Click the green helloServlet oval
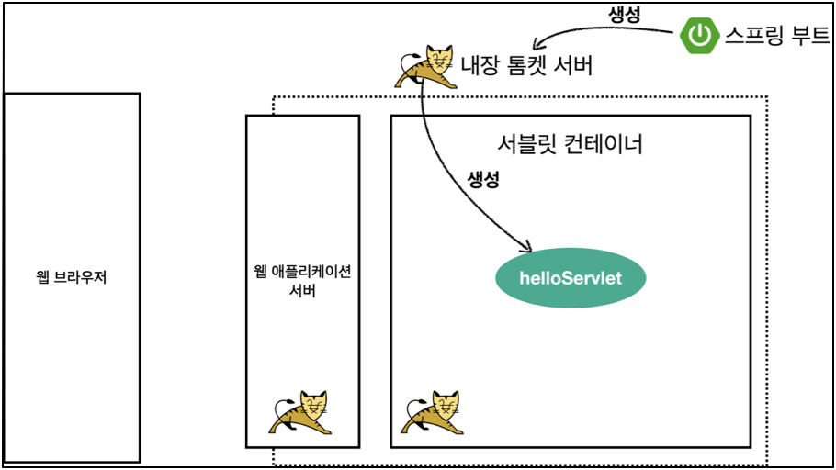tap(571, 277)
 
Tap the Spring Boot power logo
tap(699, 37)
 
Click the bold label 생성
tap(483, 180)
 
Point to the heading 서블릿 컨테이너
tap(571, 144)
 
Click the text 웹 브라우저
tap(72, 276)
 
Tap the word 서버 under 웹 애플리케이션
tap(302, 292)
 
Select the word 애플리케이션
tap(312, 272)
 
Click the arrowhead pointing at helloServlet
tap(526, 247)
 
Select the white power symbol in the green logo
tap(700, 37)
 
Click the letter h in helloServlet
tap(525, 277)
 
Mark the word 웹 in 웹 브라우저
tap(42, 276)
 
